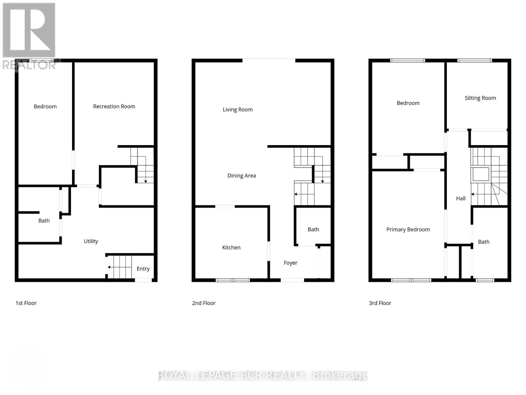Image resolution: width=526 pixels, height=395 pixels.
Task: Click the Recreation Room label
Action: click(114, 106)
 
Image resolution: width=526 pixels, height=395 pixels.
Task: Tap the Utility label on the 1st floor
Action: click(91, 241)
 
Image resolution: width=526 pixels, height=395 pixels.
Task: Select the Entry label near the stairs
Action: click(143, 269)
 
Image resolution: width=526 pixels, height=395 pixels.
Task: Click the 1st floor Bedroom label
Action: click(45, 106)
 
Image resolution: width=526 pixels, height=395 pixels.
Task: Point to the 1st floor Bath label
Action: click(44, 221)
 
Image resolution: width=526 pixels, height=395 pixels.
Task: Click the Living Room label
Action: click(238, 110)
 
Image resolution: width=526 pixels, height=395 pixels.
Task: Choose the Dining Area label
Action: click(242, 176)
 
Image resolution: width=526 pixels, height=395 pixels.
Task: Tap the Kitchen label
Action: click(231, 248)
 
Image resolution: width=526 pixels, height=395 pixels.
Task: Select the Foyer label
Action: click(290, 263)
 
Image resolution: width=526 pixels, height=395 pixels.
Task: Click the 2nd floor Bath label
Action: click(313, 229)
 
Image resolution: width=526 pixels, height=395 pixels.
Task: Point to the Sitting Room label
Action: click(480, 98)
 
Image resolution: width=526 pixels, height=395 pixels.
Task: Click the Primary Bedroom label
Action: click(408, 229)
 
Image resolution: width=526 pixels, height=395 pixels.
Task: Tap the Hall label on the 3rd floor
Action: click(461, 198)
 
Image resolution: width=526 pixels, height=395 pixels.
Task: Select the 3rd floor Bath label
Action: click(484, 242)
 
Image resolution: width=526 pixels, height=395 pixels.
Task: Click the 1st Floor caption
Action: click(26, 303)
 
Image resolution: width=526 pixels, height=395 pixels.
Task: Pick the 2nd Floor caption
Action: click(203, 303)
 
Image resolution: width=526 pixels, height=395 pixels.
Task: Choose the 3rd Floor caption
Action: click(380, 303)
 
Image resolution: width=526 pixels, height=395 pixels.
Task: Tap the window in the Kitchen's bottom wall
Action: click(233, 280)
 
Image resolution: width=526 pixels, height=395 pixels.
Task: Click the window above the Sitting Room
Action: click(474, 61)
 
